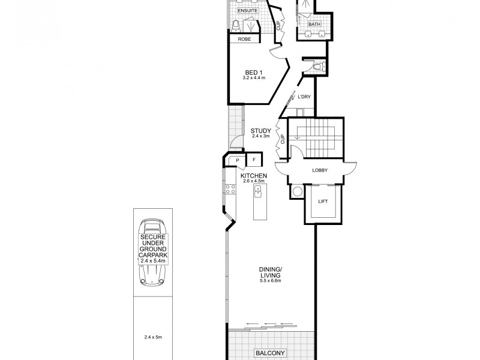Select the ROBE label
point(245,39)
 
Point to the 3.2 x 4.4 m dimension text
point(253,79)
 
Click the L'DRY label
point(303,97)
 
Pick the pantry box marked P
point(237,160)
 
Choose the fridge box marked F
point(254,160)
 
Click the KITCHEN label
point(253,175)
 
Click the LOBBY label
point(320,170)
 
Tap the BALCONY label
point(270,352)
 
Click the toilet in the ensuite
point(236,25)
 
